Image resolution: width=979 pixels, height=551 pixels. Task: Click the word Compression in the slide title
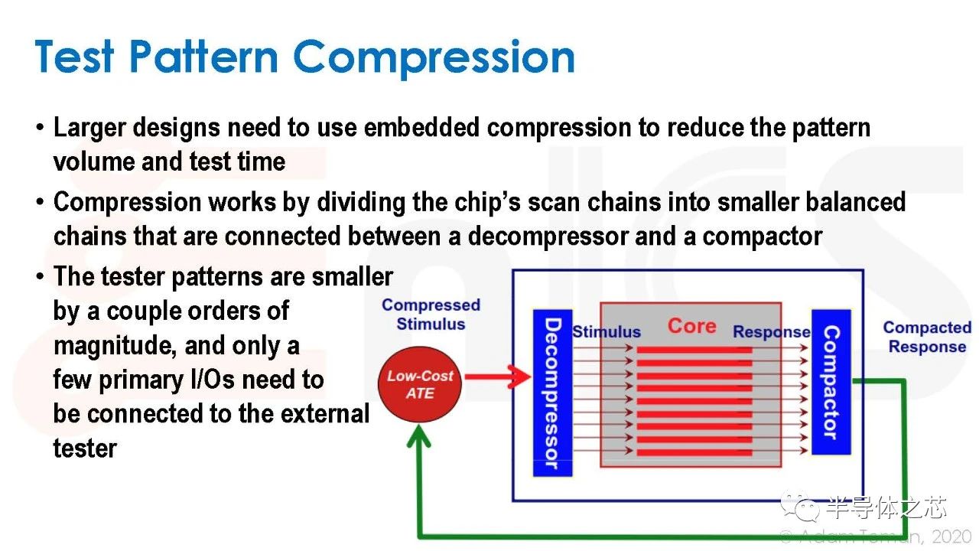point(434,58)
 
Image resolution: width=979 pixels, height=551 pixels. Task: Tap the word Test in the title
point(75,57)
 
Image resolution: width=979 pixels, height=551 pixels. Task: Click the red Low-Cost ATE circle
point(420,384)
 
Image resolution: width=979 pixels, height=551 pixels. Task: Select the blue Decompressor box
point(552,393)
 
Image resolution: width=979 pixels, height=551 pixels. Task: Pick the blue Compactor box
point(831,382)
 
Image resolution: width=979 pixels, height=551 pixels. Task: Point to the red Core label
point(692,326)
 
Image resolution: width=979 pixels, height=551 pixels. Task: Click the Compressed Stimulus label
point(431,315)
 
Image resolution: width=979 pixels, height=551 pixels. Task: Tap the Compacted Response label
point(928,337)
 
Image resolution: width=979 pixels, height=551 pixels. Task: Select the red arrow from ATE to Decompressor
point(498,377)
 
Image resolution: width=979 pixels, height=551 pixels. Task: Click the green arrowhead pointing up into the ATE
point(418,436)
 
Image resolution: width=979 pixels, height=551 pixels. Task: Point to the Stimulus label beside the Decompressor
point(607,332)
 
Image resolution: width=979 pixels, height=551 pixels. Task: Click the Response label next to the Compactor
point(772,332)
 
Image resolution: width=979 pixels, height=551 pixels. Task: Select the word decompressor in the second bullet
point(548,237)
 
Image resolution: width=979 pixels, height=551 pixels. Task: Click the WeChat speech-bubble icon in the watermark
point(800,507)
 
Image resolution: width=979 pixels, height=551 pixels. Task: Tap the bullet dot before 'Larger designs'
point(41,128)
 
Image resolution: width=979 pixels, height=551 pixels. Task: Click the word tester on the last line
point(85,448)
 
